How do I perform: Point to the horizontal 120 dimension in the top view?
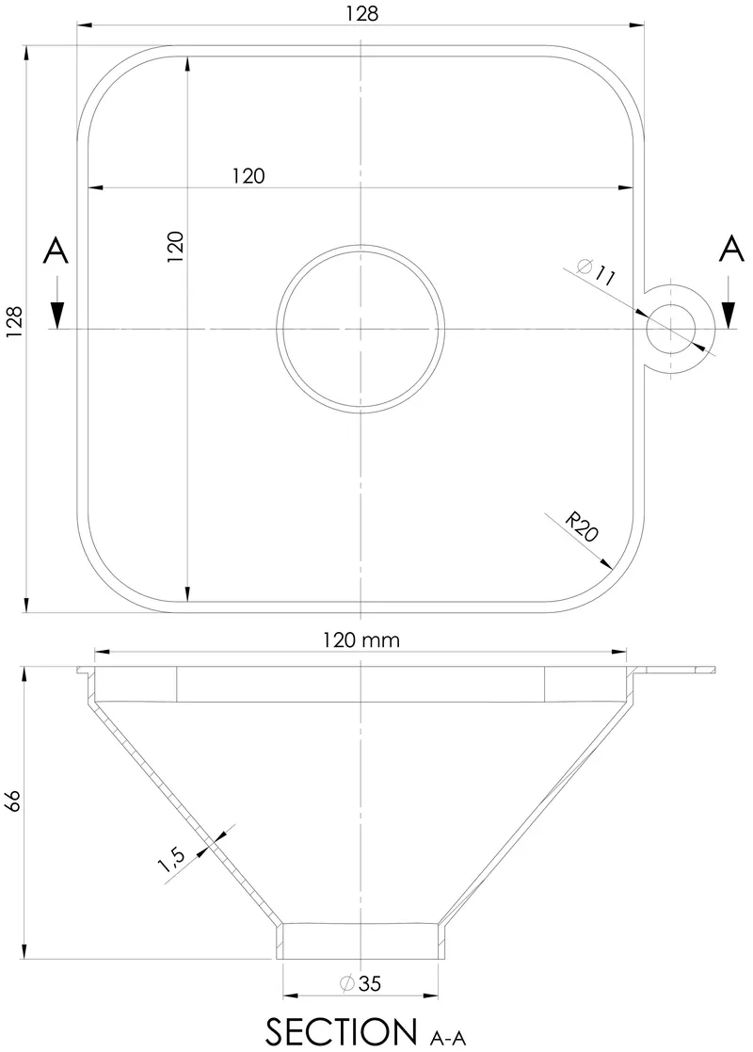[x=248, y=175]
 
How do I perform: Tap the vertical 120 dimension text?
[x=175, y=247]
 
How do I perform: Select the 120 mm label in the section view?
[x=361, y=640]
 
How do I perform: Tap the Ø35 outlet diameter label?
[x=360, y=983]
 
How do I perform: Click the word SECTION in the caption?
[x=341, y=1031]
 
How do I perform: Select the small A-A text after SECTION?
[x=447, y=1038]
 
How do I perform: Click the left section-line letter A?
[x=56, y=251]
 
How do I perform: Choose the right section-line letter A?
[x=730, y=250]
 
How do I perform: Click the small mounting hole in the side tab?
[x=670, y=329]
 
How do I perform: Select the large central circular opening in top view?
[x=360, y=328]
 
